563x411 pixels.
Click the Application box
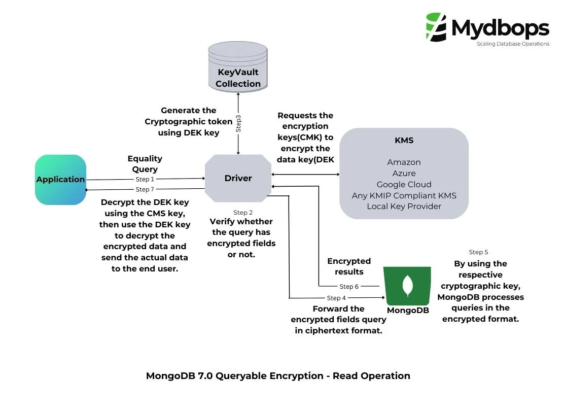pos(60,180)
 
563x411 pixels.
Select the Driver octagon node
pos(238,178)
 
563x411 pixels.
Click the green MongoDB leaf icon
pos(407,285)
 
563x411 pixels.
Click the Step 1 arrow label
pos(145,179)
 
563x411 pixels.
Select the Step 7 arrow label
pos(145,189)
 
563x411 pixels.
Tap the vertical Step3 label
pos(238,124)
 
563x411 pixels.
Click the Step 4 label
pos(336,298)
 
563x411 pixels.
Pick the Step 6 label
pos(349,287)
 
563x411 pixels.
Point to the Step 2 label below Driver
pos(242,212)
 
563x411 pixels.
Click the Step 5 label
pos(478,252)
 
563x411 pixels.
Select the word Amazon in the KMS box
pos(404,162)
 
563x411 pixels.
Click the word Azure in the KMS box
pos(404,174)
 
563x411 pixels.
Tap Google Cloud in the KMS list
pos(404,184)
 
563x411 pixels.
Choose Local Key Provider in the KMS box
pos(404,206)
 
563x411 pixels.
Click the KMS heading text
pos(404,141)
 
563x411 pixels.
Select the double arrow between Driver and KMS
pos(305,175)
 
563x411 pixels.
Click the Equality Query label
pos(145,164)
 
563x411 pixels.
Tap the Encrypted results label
pos(348,266)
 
